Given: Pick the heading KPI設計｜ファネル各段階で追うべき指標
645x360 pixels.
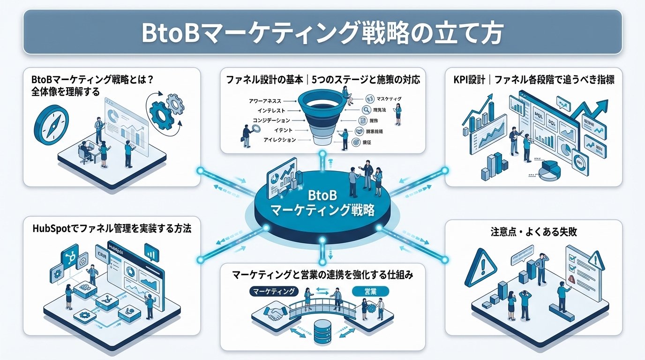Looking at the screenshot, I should (530, 80).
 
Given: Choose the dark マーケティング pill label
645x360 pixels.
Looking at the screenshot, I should (273, 291).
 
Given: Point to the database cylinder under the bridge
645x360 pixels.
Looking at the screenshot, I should (323, 330).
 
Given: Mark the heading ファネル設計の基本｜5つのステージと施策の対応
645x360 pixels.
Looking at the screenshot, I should (323, 80).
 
